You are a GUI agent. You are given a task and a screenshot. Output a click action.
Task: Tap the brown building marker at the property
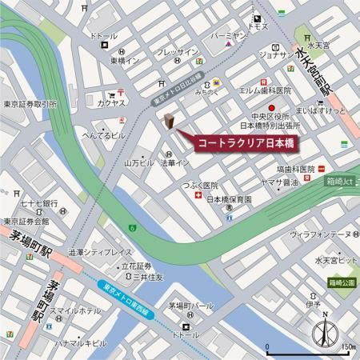pos(170,121)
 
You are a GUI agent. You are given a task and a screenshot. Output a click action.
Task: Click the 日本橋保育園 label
pos(229,199)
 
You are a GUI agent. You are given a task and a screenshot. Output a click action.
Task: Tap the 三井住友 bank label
pos(148,277)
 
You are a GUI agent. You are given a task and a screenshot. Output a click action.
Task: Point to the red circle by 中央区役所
pos(270,107)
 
